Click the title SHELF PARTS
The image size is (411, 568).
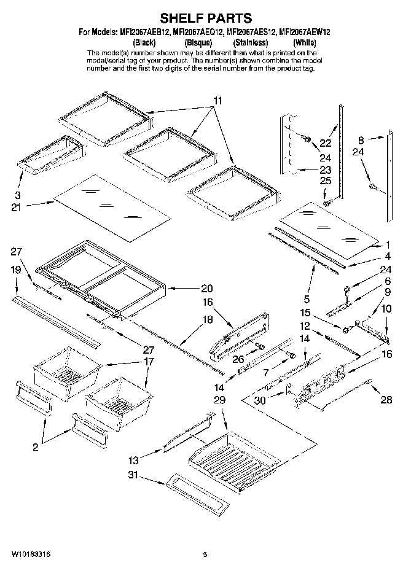coord(205,20)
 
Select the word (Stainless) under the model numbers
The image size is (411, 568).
coord(250,42)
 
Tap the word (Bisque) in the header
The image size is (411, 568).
coord(198,42)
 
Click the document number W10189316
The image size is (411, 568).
coord(30,554)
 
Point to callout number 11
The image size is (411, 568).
coord(219,101)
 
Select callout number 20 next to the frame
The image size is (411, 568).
coord(206,288)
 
